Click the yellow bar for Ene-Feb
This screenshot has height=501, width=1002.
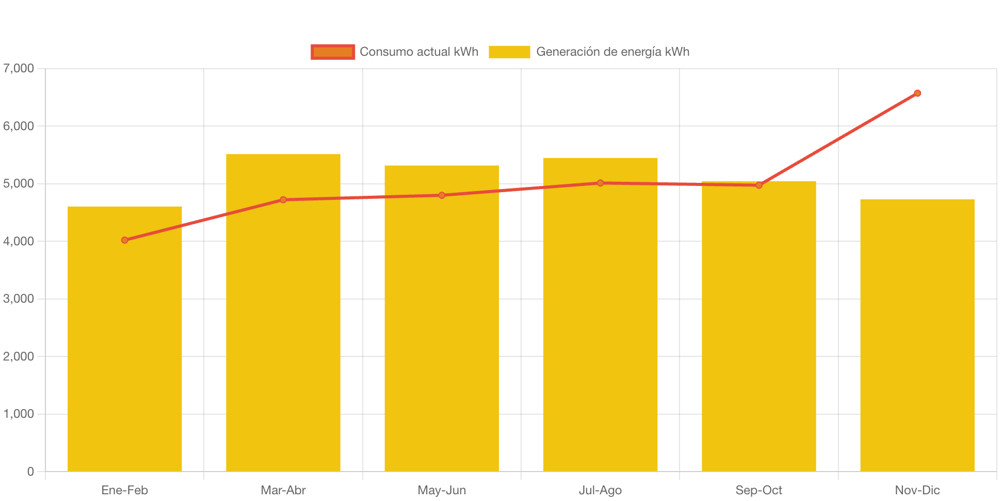[x=125, y=351]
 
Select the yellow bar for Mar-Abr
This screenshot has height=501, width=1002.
[x=283, y=331]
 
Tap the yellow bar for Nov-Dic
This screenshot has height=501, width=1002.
[x=917, y=336]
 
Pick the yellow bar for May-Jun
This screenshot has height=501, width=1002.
[x=442, y=331]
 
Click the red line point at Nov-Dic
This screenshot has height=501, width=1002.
[x=917, y=93]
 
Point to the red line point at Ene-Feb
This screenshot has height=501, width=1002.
[x=125, y=240]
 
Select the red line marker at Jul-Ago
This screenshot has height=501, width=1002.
[x=601, y=183]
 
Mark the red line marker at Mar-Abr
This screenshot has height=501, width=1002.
[x=283, y=200]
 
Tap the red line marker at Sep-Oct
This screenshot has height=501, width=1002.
[x=759, y=185]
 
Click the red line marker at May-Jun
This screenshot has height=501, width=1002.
[x=442, y=195]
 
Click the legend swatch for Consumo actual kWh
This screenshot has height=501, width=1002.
[x=333, y=52]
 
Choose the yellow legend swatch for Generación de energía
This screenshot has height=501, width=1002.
[x=509, y=52]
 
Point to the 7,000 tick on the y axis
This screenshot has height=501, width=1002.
[x=19, y=68]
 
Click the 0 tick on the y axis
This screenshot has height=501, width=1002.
[x=30, y=472]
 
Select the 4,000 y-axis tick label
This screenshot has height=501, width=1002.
[x=19, y=241]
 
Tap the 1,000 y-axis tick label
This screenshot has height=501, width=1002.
[x=19, y=414]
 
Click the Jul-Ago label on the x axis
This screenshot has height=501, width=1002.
[x=601, y=490]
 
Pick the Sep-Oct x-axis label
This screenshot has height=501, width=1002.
[x=759, y=490]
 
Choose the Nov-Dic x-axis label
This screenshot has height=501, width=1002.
[x=917, y=490]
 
